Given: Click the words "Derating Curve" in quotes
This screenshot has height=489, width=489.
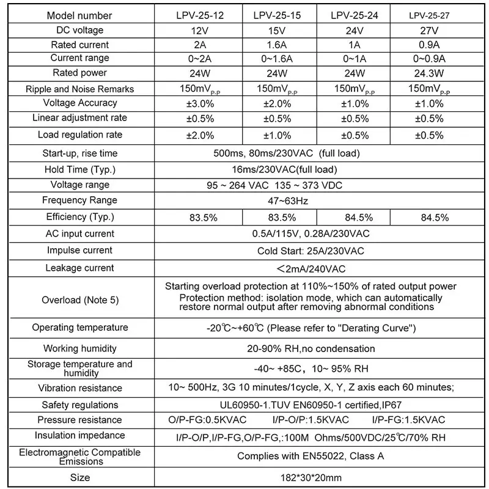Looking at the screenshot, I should [x=377, y=328].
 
